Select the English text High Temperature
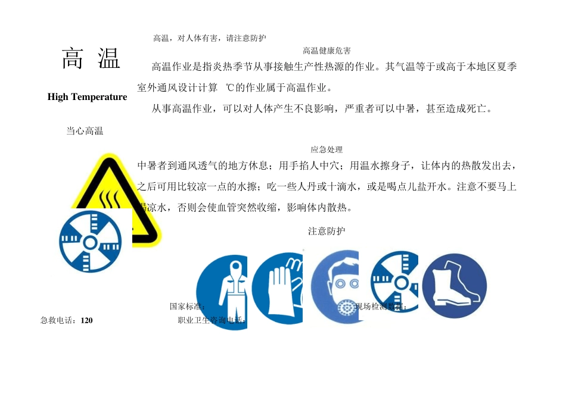point(87,97)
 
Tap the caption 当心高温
point(85,131)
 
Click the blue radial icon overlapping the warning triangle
point(91,240)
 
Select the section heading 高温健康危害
point(326,51)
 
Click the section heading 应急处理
point(326,149)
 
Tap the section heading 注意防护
point(326,231)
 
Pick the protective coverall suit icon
point(226,292)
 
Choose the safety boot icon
point(454,285)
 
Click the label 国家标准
point(187,307)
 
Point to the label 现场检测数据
point(381,307)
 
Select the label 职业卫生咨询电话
point(212,320)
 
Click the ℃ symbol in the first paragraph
point(231,88)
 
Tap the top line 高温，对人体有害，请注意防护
point(210,38)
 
